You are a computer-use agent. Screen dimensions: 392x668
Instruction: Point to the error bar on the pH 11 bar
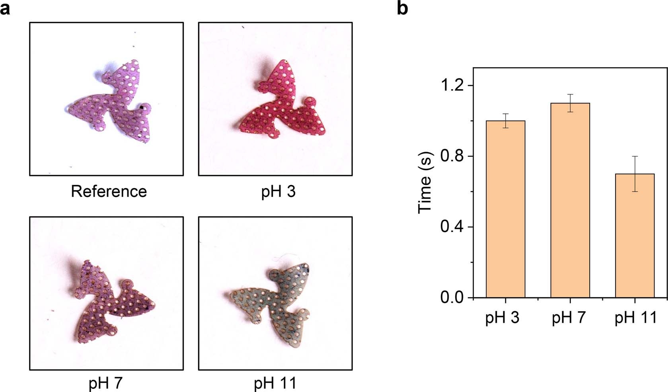tap(635, 174)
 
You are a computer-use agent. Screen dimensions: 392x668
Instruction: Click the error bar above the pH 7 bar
tap(570, 103)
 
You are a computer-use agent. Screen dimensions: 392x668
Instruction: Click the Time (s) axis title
tap(425, 183)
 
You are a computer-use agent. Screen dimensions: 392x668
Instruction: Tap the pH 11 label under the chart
tap(635, 318)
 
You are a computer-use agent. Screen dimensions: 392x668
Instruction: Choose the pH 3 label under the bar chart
tap(502, 318)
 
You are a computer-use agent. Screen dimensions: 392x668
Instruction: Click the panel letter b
tap(402, 8)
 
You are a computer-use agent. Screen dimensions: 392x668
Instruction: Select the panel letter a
tap(5, 8)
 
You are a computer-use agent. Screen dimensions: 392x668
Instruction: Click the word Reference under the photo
tap(109, 191)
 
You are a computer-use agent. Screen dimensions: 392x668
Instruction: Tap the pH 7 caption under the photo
tap(105, 383)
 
